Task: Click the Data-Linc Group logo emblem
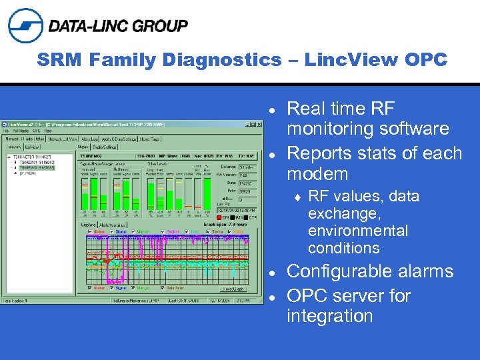click(25, 26)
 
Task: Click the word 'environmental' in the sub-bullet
click(357, 231)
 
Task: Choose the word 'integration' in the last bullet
click(329, 315)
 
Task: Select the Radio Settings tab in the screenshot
click(105, 147)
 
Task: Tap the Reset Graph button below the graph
click(233, 288)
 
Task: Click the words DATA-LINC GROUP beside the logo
click(118, 26)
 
